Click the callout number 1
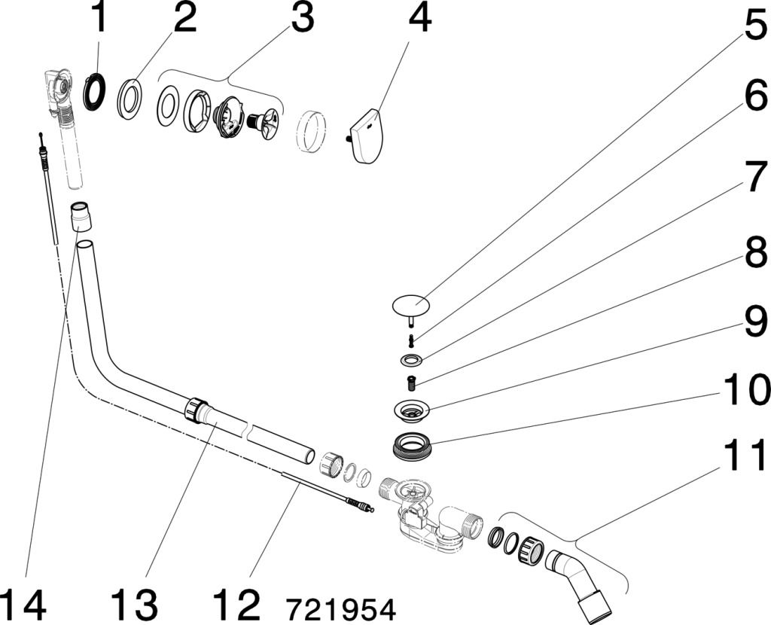click(99, 20)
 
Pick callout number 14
click(23, 604)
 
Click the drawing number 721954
click(340, 607)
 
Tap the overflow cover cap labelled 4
click(366, 134)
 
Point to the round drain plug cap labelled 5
click(410, 304)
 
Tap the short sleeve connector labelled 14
click(81, 216)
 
